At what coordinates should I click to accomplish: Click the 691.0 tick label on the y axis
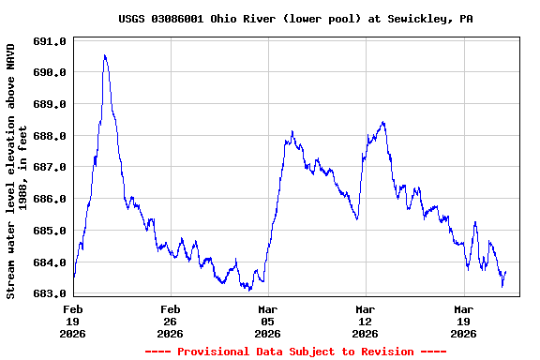pos(50,41)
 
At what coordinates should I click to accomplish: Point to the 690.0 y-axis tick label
pos(50,72)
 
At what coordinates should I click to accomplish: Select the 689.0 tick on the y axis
pos(50,104)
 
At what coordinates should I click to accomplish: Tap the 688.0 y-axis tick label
pos(50,136)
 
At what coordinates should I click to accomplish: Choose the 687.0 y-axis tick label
pos(50,167)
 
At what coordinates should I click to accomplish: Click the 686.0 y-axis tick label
pos(50,199)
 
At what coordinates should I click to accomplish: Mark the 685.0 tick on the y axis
pos(50,231)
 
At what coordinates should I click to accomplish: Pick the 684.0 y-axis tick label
pos(50,262)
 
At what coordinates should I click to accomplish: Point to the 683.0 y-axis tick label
pos(50,293)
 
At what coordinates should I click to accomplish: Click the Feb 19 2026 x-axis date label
pos(73,320)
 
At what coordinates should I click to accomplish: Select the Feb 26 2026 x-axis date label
pos(171,320)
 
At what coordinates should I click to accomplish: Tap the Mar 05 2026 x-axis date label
pos(268,320)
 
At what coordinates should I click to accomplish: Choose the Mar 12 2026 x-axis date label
pos(366,320)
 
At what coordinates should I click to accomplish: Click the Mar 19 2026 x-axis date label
pos(463,320)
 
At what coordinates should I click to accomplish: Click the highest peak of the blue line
pos(104,55)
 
